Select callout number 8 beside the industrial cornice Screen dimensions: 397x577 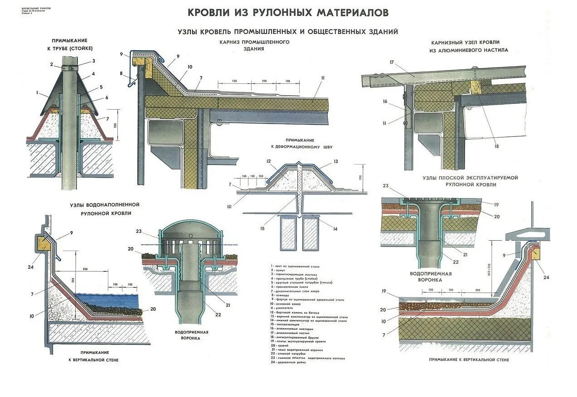[x=121, y=73]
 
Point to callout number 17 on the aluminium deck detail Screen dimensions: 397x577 [x=391, y=62]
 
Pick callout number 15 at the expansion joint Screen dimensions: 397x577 [x=262, y=229]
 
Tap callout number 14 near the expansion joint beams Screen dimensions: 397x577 [x=335, y=229]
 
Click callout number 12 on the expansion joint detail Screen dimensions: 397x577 [x=268, y=161]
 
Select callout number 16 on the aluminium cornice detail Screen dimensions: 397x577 [x=385, y=102]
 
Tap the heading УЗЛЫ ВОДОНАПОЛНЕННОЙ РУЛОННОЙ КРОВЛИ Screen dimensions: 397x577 [x=104, y=209]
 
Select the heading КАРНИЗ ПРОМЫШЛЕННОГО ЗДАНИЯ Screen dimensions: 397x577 [x=254, y=45]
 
